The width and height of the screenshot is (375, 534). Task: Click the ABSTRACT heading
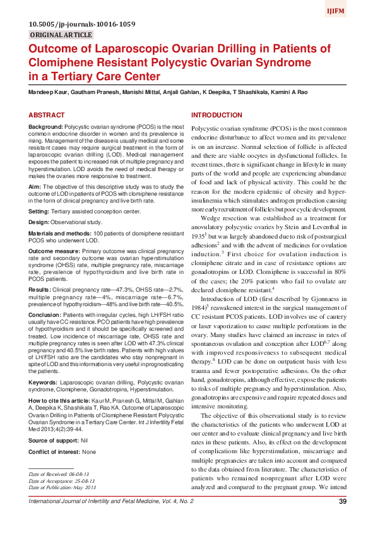[x=47, y=116]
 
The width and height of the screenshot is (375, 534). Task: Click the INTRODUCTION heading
[x=217, y=116]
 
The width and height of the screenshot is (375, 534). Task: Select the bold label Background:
[x=46, y=128]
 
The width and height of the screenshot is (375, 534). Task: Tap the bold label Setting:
[x=40, y=211]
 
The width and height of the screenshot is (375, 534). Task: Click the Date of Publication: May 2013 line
[x=62, y=488]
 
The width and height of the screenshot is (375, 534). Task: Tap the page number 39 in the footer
[x=343, y=502]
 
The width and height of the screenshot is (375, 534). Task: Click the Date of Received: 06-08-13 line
[x=59, y=473]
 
